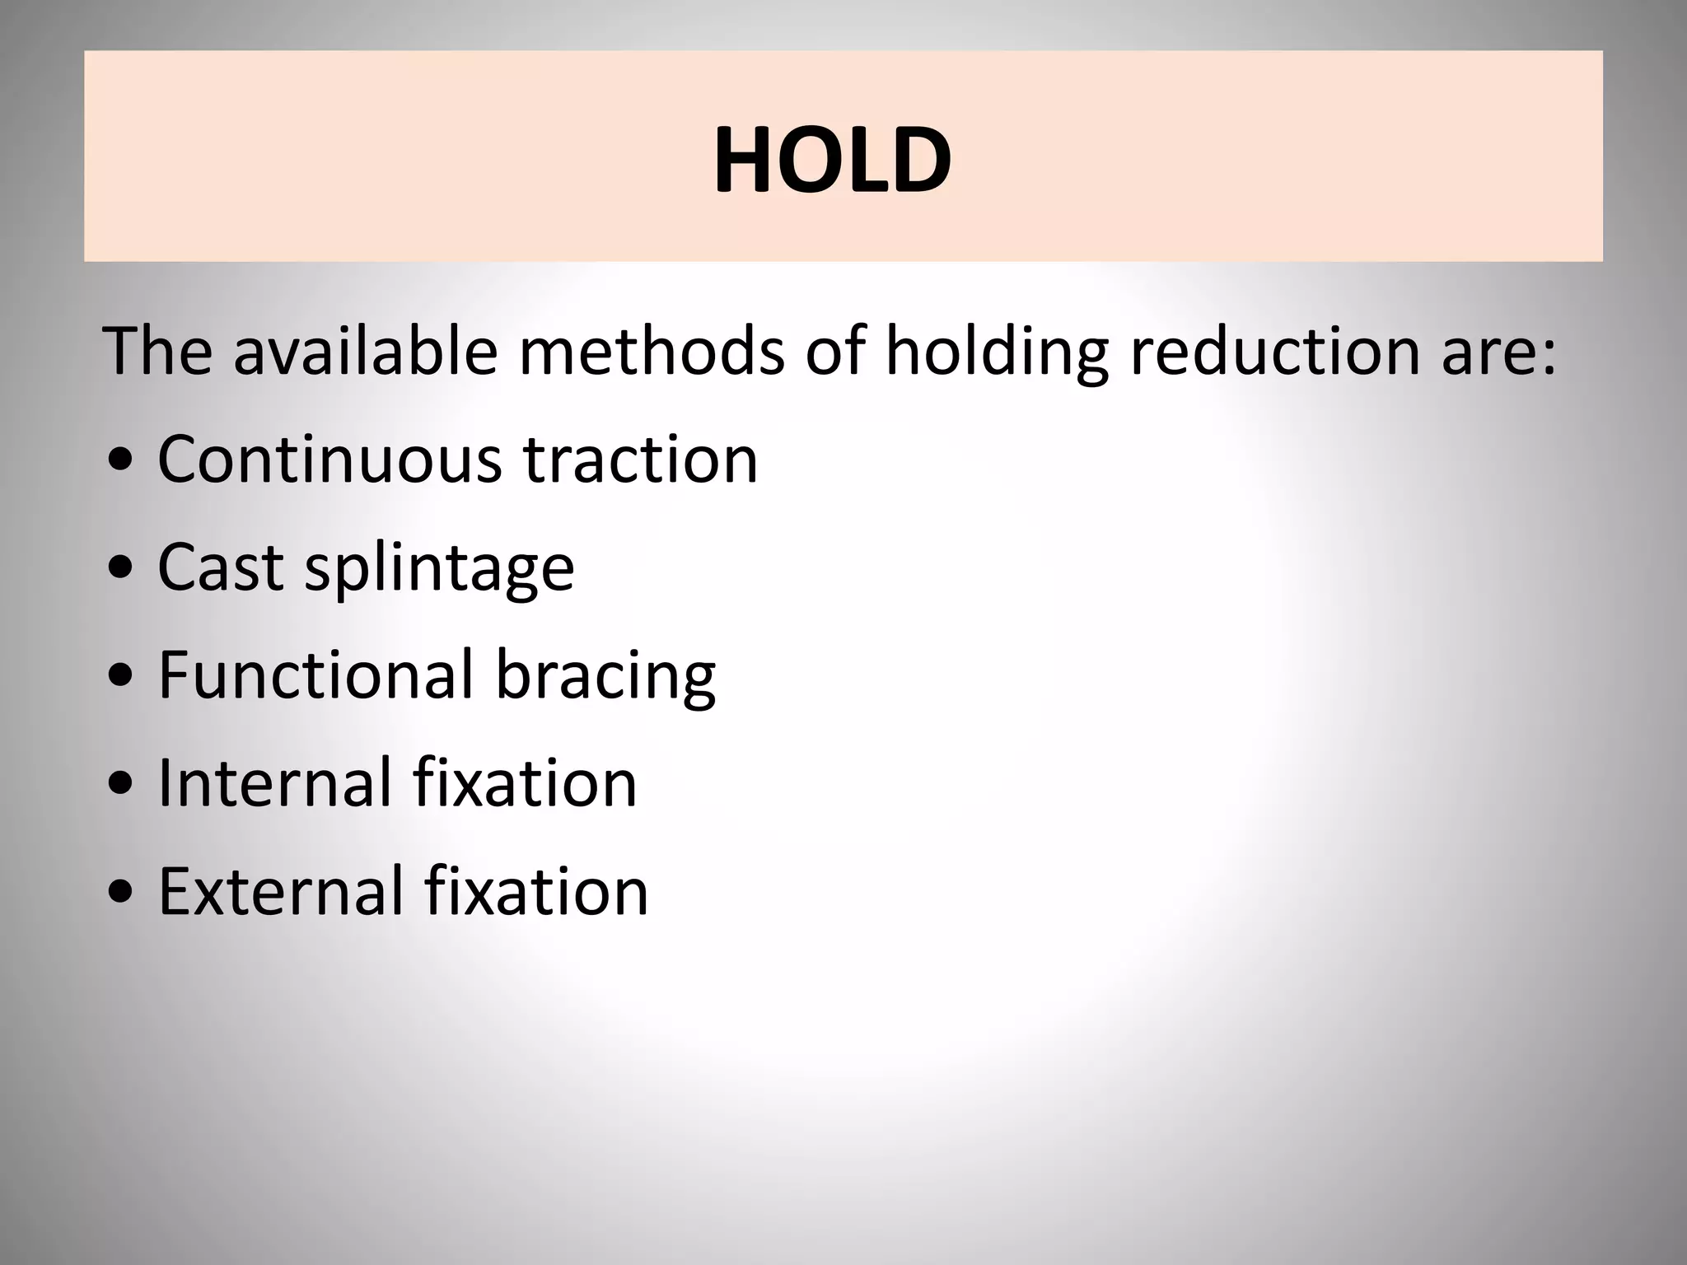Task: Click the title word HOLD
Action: click(x=833, y=161)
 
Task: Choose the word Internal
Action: click(x=273, y=782)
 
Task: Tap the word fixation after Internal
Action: click(x=525, y=782)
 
